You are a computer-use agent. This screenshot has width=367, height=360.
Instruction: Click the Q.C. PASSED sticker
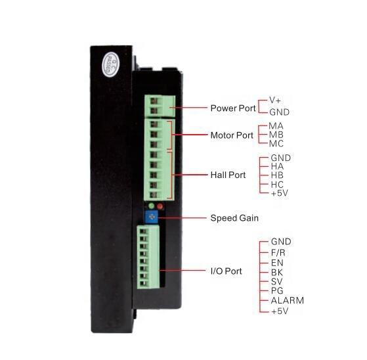click(110, 65)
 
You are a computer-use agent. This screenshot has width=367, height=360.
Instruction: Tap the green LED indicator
click(152, 206)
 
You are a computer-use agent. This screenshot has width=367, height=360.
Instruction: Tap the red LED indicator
click(160, 206)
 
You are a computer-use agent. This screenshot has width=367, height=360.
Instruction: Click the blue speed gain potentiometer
click(152, 217)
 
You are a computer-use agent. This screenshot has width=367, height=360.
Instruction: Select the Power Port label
click(233, 108)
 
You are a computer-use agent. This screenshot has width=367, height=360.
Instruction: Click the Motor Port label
click(232, 135)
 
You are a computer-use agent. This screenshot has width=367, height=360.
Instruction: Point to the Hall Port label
click(228, 175)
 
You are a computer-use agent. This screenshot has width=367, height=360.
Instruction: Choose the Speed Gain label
click(234, 218)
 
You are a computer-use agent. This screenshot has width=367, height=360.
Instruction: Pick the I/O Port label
click(226, 271)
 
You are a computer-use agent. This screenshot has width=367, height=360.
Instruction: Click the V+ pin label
click(275, 101)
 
